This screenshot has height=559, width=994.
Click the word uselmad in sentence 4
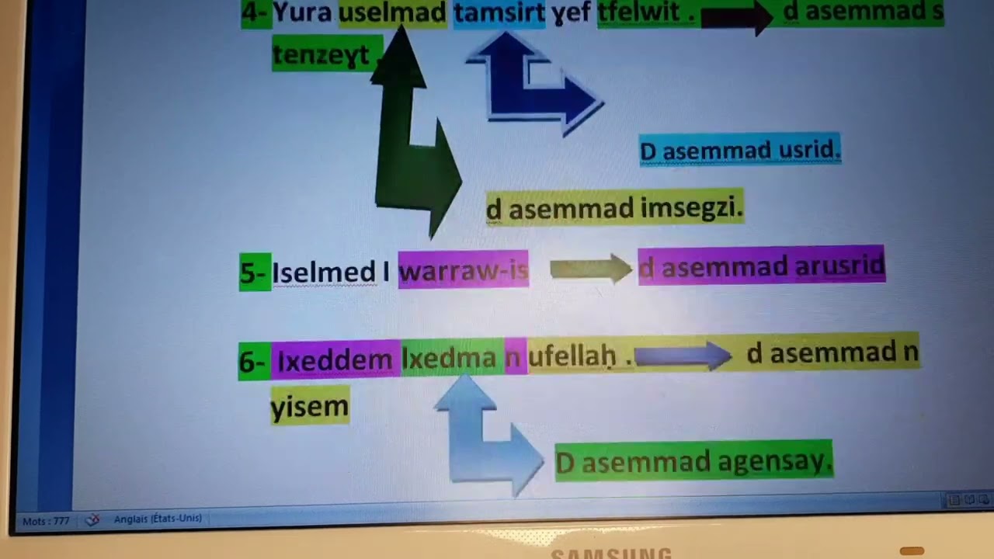click(x=393, y=12)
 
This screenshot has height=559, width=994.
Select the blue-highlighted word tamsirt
click(x=499, y=12)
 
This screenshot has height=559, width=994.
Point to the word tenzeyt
click(x=320, y=54)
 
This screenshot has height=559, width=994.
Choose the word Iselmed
click(x=323, y=273)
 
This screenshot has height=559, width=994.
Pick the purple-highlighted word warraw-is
click(x=464, y=270)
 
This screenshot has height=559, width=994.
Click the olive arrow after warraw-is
click(x=590, y=269)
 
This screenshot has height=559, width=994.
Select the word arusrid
click(x=839, y=266)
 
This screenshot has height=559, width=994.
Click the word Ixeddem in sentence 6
click(x=335, y=360)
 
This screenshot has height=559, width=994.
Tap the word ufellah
click(x=572, y=357)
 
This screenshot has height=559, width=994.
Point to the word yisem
click(x=309, y=406)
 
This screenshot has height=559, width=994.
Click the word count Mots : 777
click(x=46, y=521)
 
